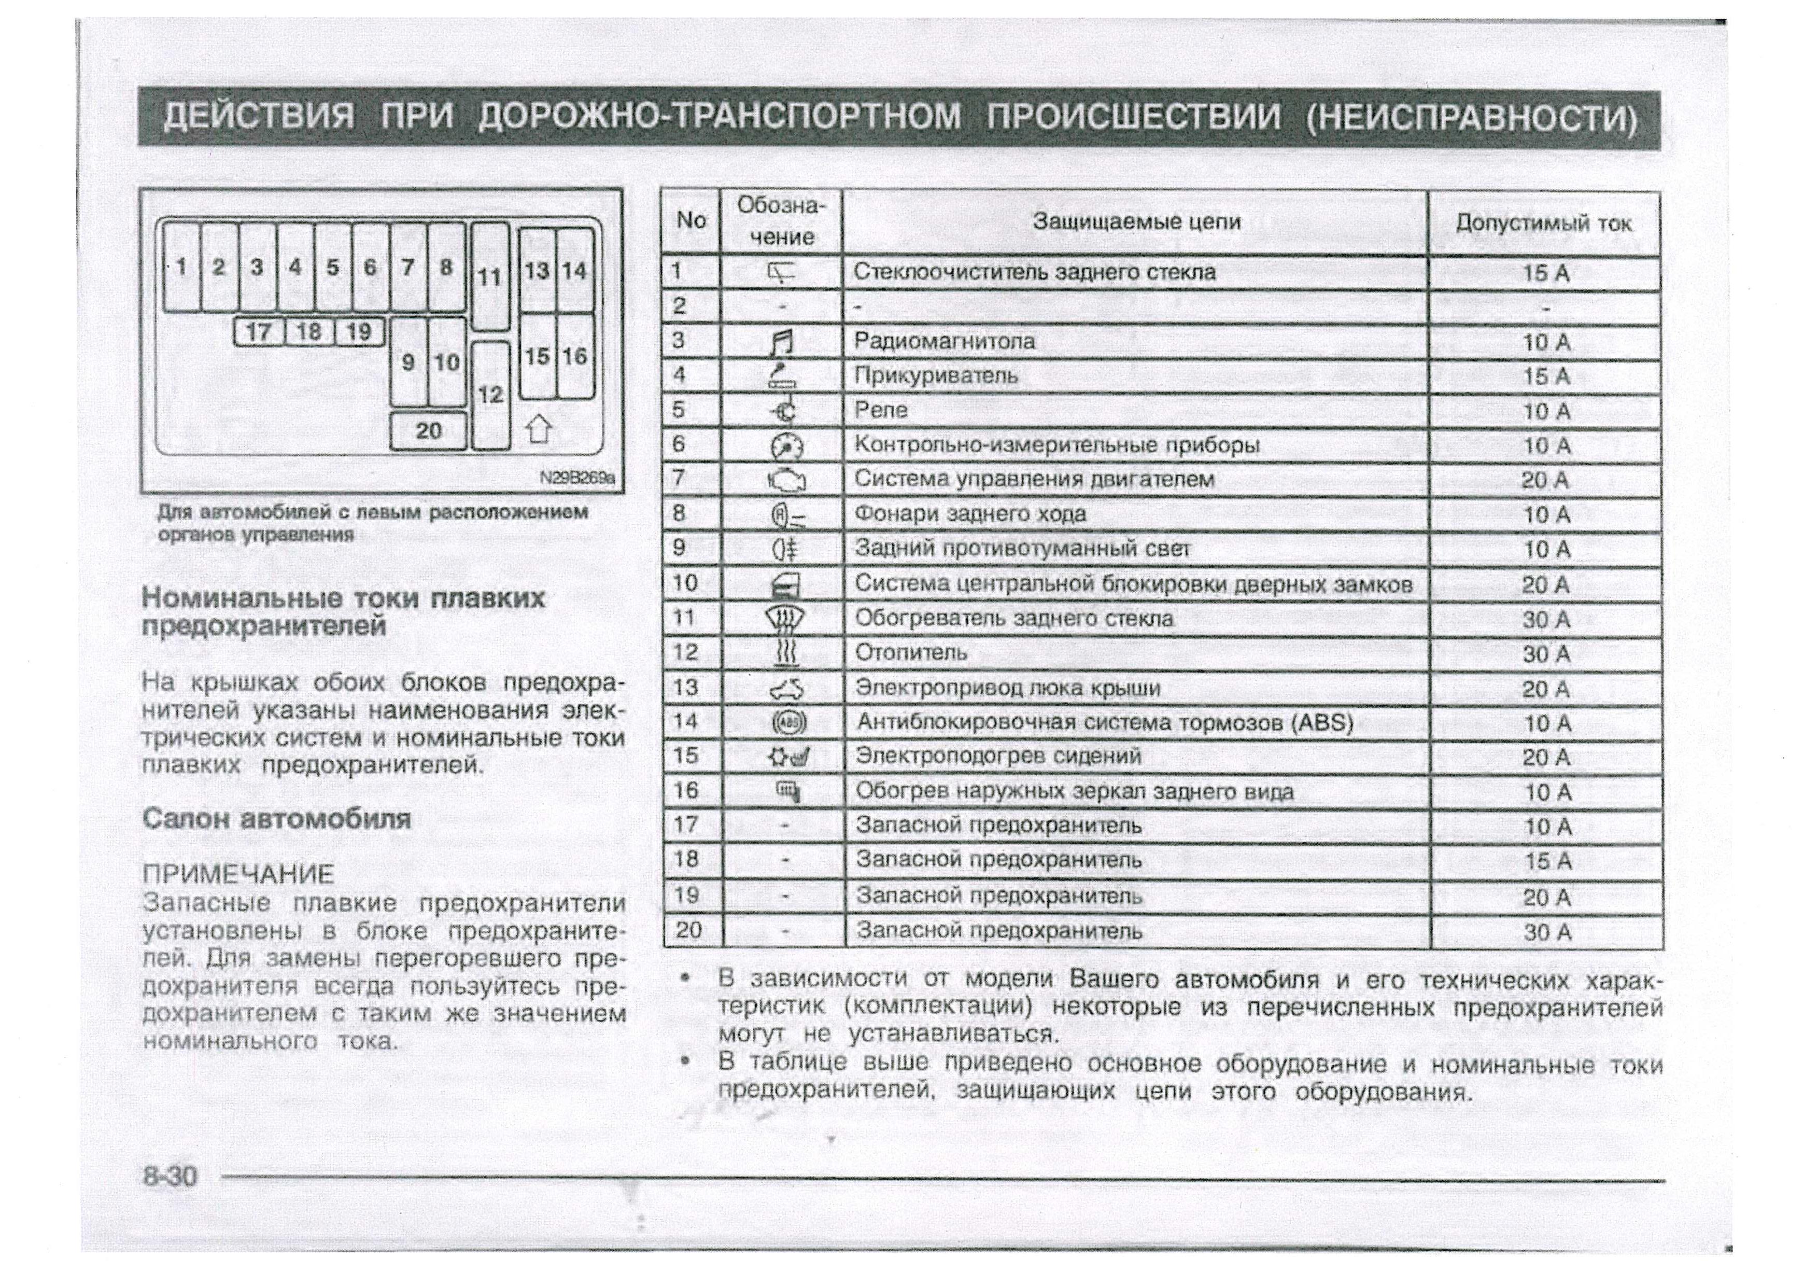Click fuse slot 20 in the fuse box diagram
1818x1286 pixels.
428,431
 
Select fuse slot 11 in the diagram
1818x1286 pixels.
489,276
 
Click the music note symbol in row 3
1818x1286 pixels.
782,343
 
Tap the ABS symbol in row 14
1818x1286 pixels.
788,722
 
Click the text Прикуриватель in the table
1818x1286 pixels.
935,375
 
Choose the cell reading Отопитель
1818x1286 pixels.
911,652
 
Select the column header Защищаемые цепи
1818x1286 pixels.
1135,222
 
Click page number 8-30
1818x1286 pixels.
170,1175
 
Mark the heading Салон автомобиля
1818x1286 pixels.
276,818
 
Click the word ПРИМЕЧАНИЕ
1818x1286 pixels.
238,874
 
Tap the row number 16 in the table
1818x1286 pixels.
686,790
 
